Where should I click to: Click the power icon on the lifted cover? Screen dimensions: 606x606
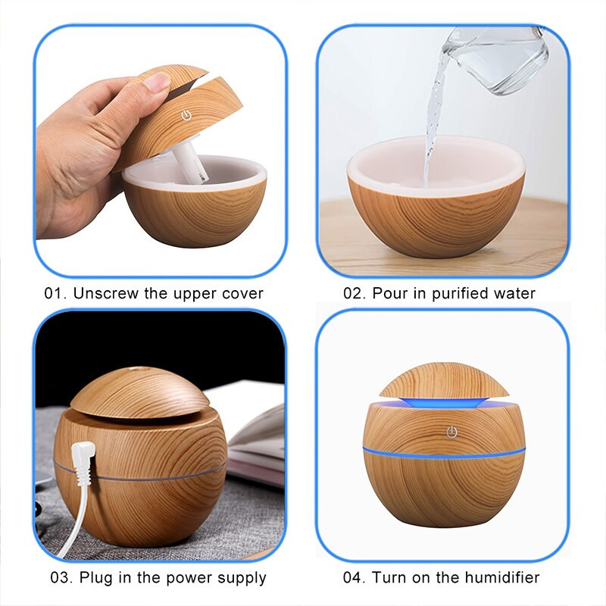point(185,117)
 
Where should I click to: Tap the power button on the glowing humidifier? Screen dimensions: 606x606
point(451,432)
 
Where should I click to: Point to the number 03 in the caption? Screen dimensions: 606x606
point(61,577)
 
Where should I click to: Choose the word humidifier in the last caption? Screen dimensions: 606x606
point(501,577)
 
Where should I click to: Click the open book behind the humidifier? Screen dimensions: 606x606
point(254,439)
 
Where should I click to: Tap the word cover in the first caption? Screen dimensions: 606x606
point(241,293)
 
